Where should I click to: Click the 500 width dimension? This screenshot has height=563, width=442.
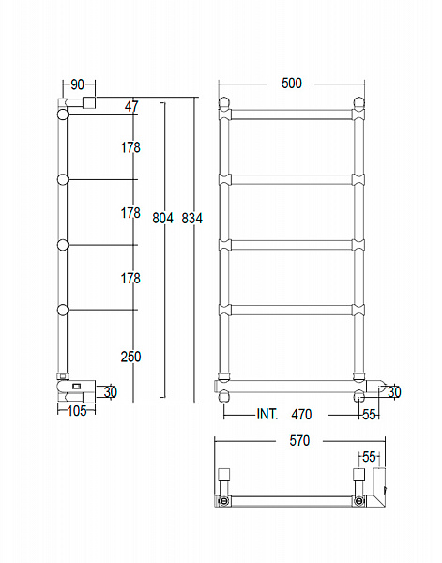292,84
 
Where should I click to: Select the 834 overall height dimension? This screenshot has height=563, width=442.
191,218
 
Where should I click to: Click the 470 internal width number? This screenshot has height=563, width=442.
301,414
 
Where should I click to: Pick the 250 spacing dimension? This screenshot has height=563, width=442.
130,356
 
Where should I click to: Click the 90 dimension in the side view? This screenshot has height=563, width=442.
77,84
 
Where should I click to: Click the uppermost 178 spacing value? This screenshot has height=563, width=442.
130,147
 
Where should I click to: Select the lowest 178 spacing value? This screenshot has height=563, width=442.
130,278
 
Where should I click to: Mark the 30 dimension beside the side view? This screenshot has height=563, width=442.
110,391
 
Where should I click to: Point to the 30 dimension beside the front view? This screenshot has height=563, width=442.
393,392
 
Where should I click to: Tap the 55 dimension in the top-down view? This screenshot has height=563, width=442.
369,457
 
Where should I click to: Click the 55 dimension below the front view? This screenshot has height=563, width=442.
368,414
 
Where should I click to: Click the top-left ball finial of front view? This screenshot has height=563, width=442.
225,103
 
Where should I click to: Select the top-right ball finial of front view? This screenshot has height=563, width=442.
358,103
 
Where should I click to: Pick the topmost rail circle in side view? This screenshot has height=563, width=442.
63,114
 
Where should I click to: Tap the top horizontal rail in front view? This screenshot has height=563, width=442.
292,114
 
